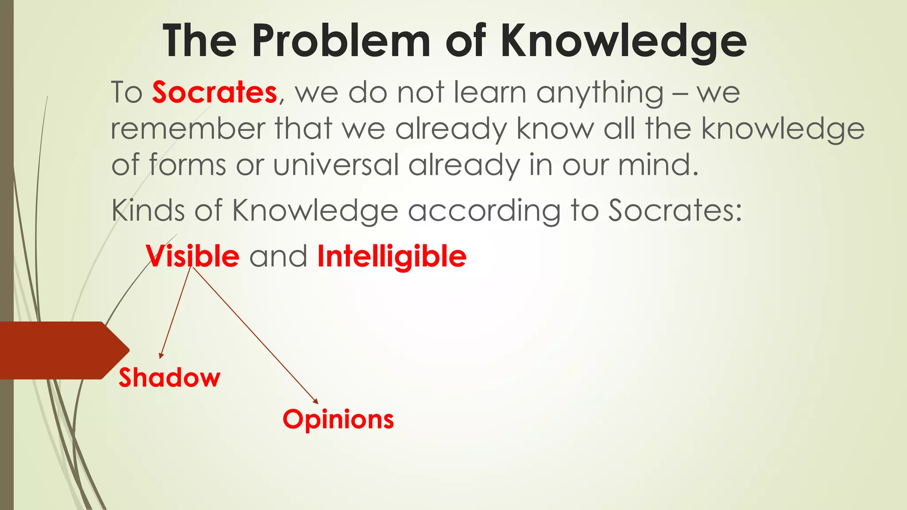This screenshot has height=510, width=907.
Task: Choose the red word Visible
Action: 193,256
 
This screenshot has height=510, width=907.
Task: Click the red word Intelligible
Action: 392,257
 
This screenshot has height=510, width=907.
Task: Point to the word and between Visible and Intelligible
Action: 278,257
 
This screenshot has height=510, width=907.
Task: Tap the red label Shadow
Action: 169,378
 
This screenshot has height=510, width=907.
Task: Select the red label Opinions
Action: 338,420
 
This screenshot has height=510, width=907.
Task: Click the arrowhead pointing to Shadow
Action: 161,355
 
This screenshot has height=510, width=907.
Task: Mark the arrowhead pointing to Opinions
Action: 315,401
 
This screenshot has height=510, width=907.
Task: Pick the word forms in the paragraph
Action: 187,165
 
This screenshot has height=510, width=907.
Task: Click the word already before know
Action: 451,129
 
